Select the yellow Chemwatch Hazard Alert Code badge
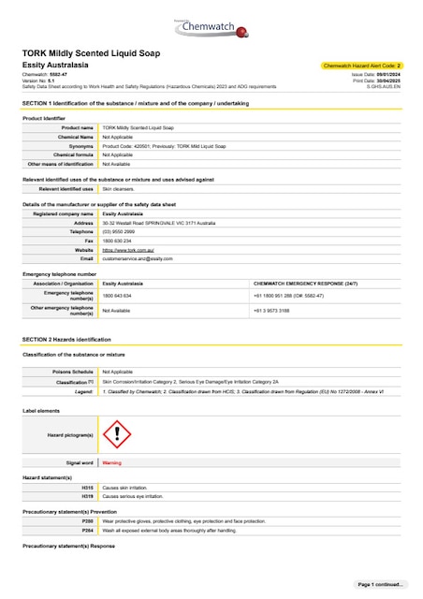click(361, 66)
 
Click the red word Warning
click(111, 462)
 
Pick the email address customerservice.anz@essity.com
click(138, 258)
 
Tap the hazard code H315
click(88, 488)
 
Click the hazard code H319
click(88, 496)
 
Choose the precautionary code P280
click(88, 521)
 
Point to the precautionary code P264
click(88, 530)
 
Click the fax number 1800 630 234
click(117, 241)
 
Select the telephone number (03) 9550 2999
click(120, 231)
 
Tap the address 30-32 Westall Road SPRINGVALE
click(158, 223)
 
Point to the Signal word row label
click(80, 462)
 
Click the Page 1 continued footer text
click(381, 584)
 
